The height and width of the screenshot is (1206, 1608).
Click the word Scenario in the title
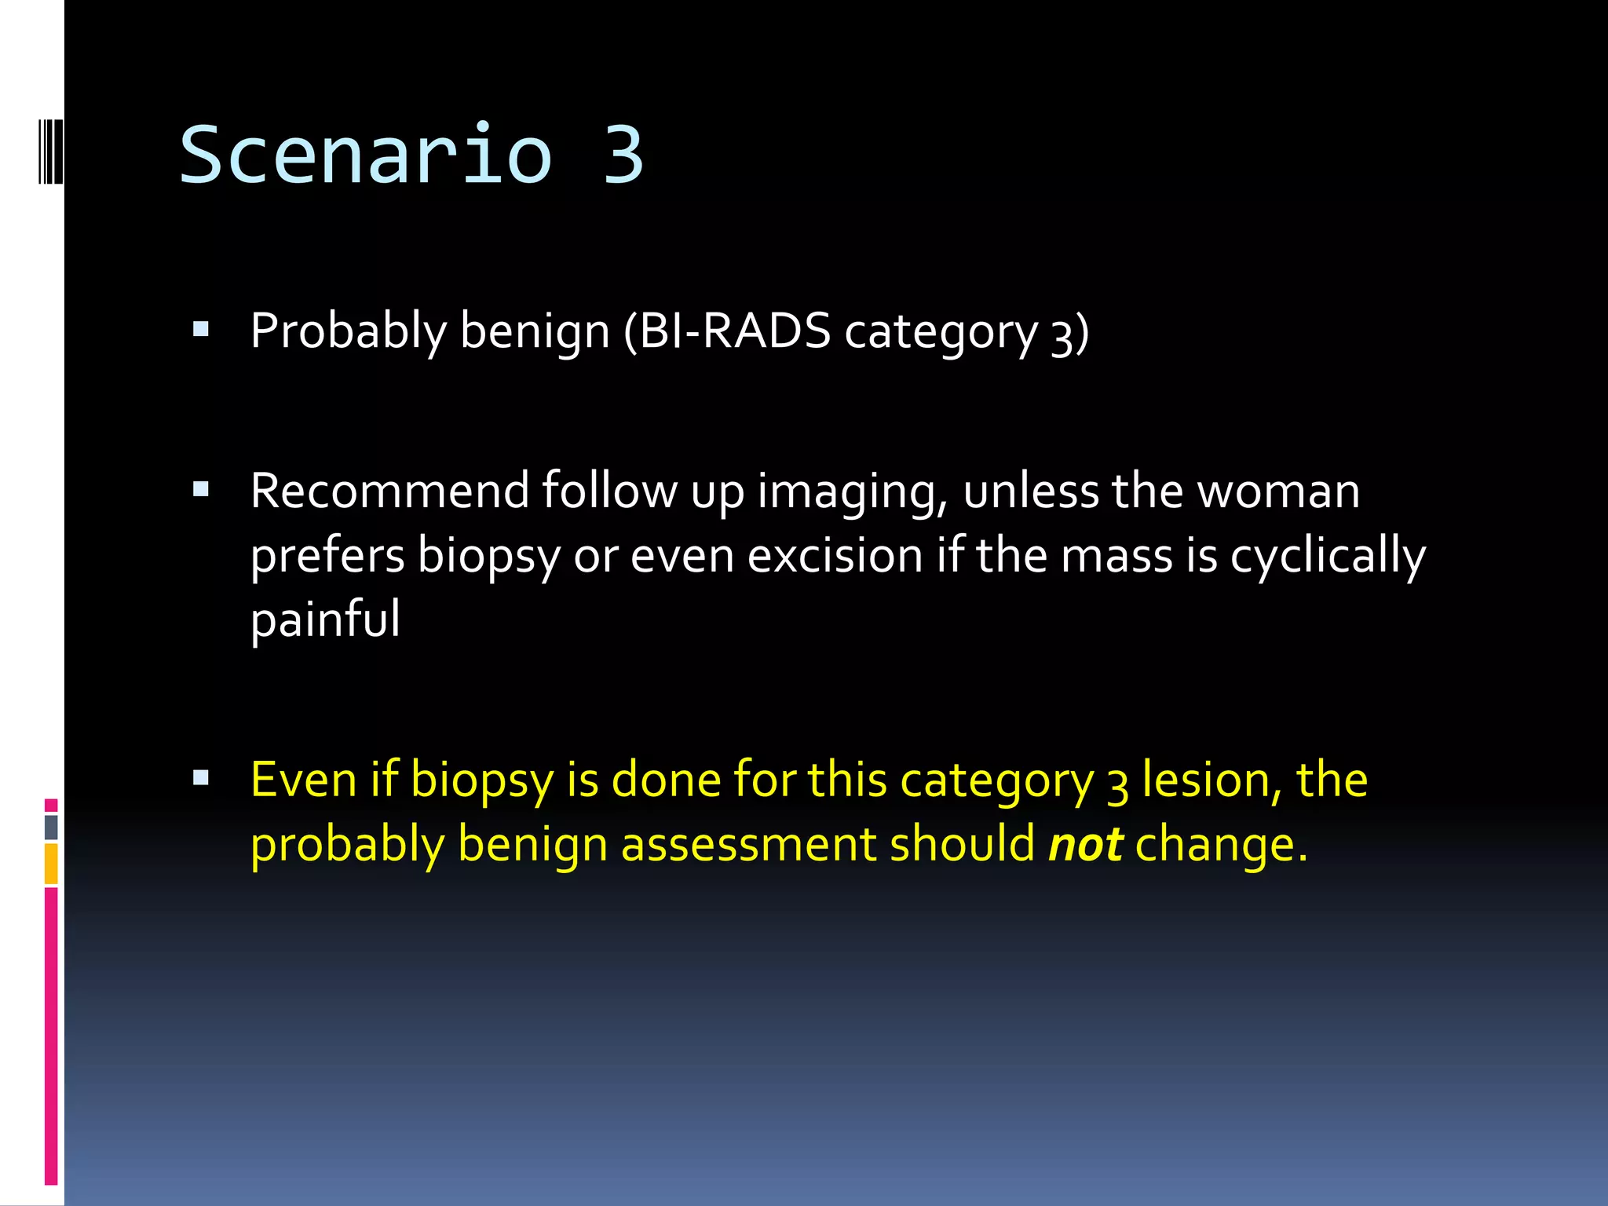pos(366,155)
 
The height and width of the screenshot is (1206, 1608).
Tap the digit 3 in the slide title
pos(623,155)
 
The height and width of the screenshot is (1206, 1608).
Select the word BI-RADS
pos(735,331)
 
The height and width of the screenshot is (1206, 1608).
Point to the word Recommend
pos(389,492)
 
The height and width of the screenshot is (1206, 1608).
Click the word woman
pos(1278,492)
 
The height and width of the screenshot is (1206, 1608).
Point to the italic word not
pos(1085,845)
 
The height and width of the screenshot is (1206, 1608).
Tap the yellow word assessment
pos(748,845)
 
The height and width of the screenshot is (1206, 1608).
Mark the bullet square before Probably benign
pos(201,329)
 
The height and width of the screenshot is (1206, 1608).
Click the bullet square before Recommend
pos(201,490)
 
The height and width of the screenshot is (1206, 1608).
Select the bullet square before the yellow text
pos(201,778)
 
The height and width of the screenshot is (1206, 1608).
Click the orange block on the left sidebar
pos(51,864)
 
